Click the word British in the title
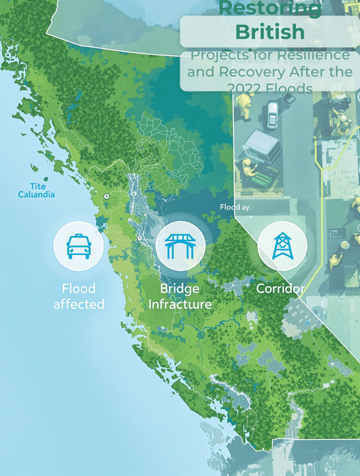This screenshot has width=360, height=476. (x=270, y=32)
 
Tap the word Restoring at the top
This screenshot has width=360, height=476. (x=271, y=8)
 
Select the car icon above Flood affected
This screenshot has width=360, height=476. (x=78, y=246)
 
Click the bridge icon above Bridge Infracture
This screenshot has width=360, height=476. (x=180, y=246)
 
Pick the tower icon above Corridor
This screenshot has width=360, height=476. (x=281, y=246)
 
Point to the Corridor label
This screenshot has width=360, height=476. (x=280, y=289)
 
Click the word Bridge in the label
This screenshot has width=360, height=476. (x=180, y=289)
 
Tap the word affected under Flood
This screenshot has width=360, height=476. (x=79, y=304)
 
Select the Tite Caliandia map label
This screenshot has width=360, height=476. (x=36, y=190)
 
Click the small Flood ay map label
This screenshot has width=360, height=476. (x=235, y=207)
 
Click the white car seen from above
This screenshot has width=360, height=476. (x=273, y=115)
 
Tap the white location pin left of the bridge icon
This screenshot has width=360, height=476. (x=140, y=239)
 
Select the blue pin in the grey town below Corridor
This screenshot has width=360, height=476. (x=307, y=323)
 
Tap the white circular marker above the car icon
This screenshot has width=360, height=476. (x=107, y=196)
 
